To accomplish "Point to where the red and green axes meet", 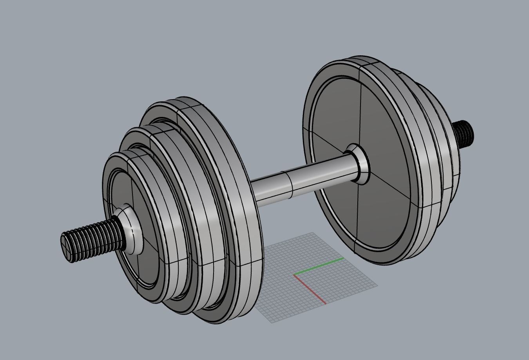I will click(x=294, y=275).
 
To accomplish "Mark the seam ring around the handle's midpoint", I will click(x=290, y=185).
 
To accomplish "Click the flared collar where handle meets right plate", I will click(x=359, y=163).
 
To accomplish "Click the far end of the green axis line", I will click(x=344, y=258).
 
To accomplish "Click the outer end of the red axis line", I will click(x=326, y=304).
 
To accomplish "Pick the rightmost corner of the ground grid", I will click(x=378, y=286).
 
